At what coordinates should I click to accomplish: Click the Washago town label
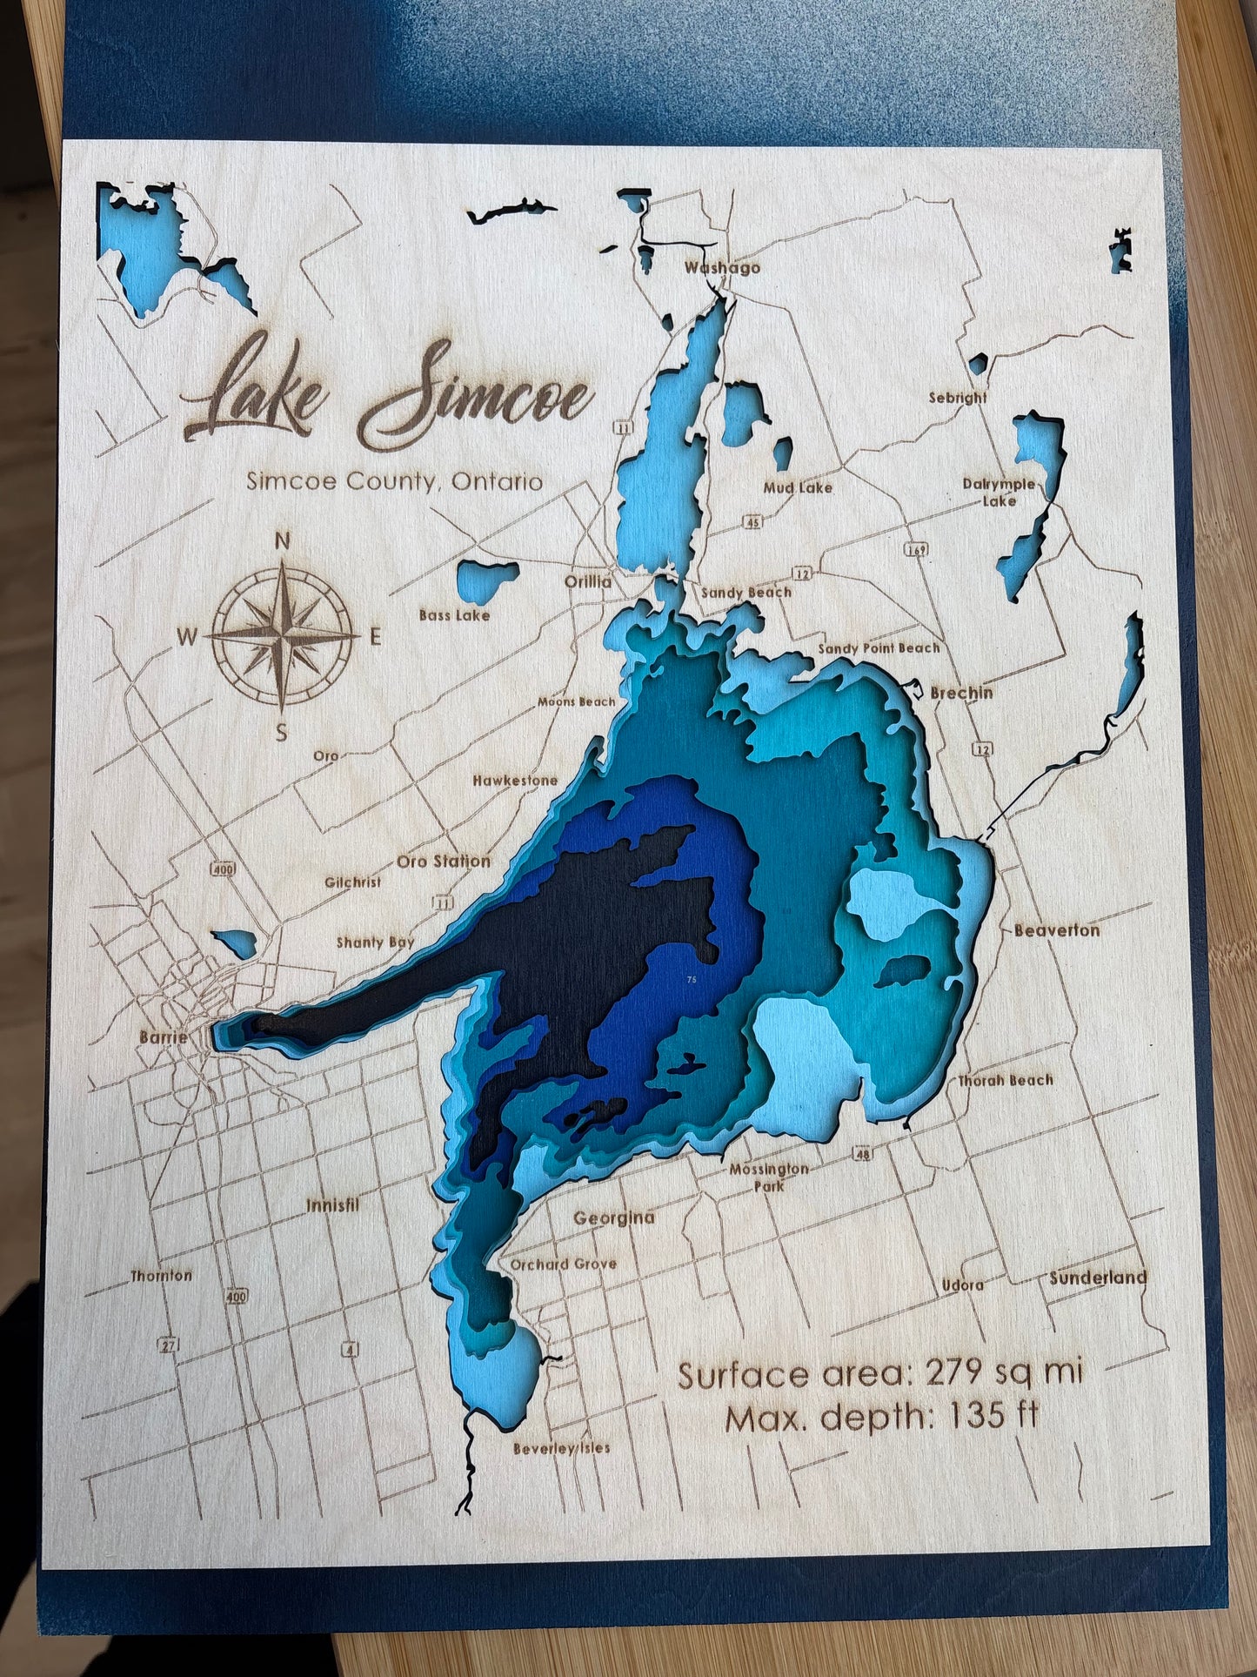coord(722,267)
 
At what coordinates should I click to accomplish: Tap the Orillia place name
coord(589,581)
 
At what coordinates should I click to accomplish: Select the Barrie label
coord(163,1036)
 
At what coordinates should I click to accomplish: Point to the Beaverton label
coord(1056,929)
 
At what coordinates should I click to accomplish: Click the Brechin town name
coord(961,693)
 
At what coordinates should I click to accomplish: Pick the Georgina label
coord(613,1218)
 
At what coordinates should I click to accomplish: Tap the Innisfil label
coord(332,1205)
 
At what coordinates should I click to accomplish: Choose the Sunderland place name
coord(1098,1278)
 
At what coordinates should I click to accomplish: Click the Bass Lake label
coord(454,614)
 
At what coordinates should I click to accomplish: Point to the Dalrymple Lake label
coord(999,492)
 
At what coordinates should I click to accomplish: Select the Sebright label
coord(958,397)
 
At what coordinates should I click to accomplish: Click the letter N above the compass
coord(282,540)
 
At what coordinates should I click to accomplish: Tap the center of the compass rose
coord(283,636)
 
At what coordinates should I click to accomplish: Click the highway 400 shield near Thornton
coord(236,1297)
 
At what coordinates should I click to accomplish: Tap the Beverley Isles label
coord(561,1448)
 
